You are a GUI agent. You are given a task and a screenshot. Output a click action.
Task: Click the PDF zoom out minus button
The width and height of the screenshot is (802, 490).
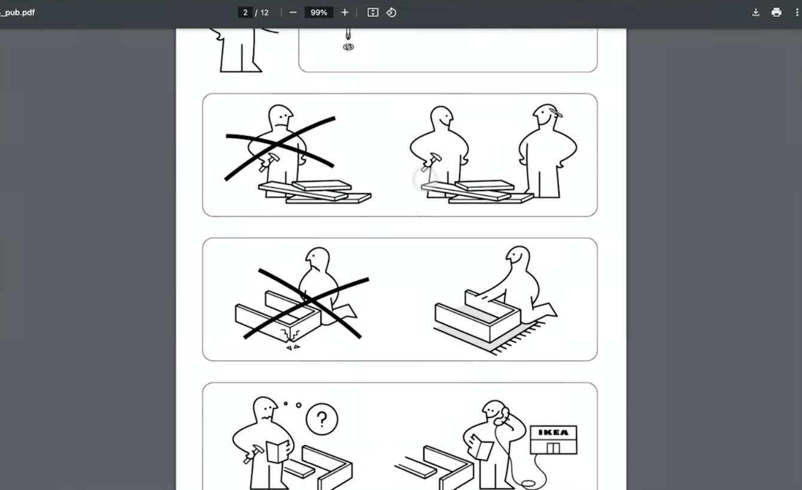point(293,13)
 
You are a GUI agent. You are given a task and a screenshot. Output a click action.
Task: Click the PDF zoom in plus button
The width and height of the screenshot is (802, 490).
point(345,13)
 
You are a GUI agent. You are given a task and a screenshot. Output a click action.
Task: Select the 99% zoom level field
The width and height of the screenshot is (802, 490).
point(318,13)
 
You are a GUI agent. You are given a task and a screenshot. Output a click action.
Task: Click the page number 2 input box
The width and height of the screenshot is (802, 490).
point(245,13)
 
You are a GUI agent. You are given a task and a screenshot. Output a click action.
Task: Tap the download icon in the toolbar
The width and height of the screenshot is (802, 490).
point(756,13)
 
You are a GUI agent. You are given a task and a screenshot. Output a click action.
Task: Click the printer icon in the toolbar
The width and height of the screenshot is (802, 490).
point(776,13)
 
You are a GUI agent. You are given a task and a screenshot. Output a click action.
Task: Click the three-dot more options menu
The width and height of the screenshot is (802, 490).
point(797,13)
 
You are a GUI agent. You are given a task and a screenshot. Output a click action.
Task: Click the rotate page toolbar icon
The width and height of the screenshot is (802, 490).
point(391,13)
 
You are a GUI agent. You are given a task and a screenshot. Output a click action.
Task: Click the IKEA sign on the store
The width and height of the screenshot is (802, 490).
point(553,432)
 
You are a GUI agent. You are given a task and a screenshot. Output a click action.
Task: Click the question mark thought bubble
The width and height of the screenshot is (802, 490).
point(321,419)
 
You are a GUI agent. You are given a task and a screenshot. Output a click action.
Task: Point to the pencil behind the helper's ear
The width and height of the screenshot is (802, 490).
point(555,112)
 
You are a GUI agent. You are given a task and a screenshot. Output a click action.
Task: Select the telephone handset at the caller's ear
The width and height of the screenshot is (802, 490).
point(505,414)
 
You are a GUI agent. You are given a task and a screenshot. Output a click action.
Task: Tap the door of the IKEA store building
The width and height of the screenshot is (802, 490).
point(553,448)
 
